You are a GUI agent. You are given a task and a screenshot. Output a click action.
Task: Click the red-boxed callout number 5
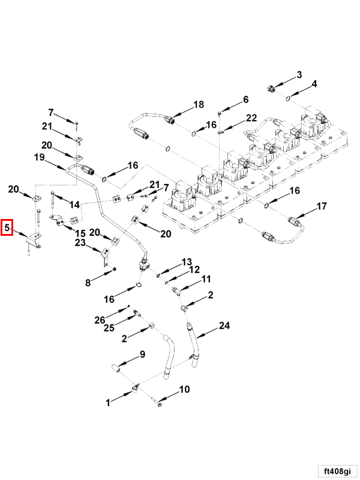click(7, 227)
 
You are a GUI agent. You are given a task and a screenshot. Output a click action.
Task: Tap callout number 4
click(314, 84)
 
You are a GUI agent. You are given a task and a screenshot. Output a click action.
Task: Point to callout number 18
click(198, 105)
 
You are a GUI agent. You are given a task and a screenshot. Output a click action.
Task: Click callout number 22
click(251, 118)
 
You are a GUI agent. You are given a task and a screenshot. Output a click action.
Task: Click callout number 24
click(224, 326)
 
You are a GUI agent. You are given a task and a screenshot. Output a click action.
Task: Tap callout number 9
click(142, 354)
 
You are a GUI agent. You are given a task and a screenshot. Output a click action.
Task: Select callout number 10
click(184, 389)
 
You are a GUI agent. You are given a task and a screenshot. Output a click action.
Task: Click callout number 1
click(109, 403)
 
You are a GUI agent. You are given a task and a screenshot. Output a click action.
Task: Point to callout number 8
click(88, 281)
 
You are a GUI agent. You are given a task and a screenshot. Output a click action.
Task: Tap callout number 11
click(206, 279)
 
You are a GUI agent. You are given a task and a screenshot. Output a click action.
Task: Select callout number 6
click(245, 99)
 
